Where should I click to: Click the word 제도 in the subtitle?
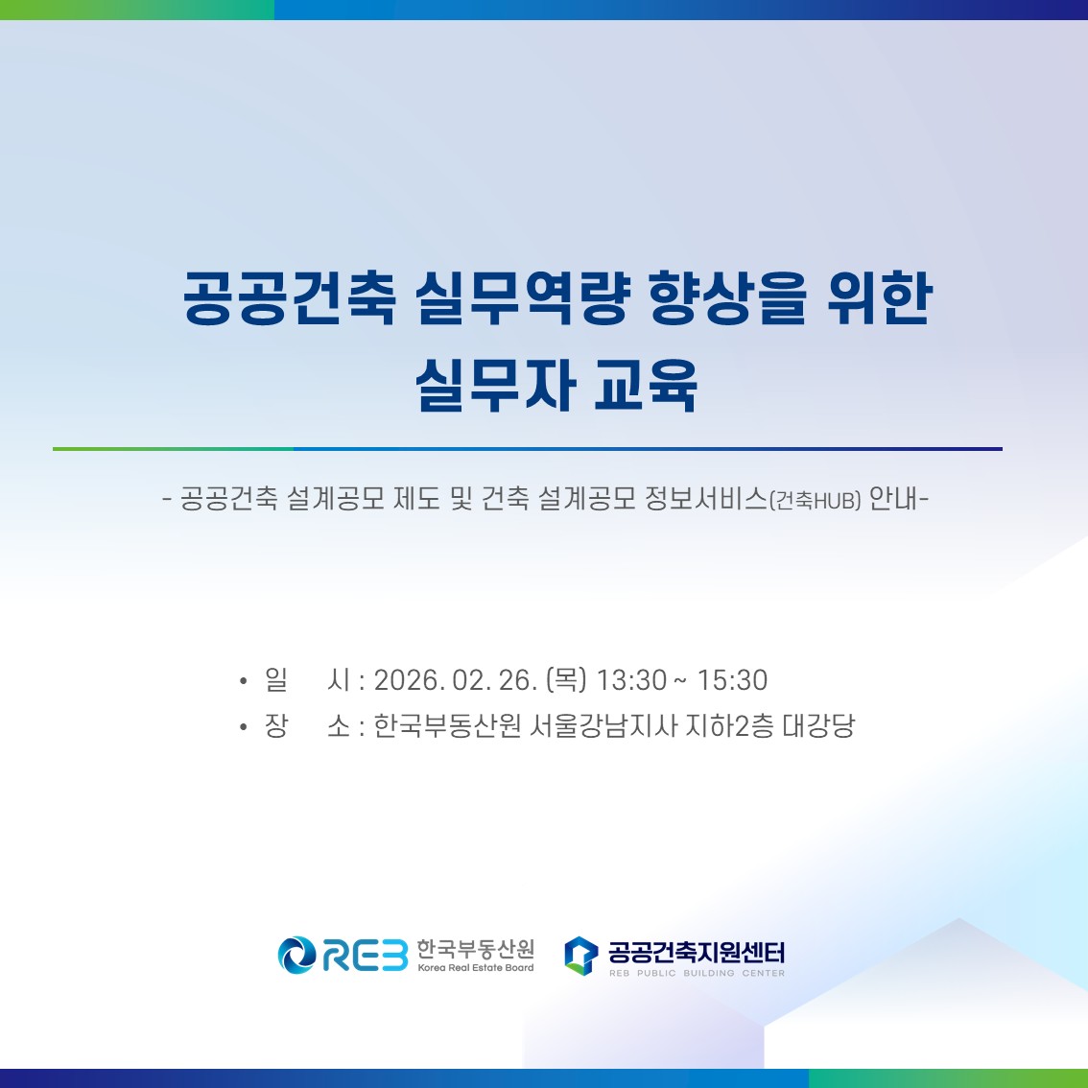click(x=417, y=499)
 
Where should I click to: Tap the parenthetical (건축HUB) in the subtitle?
click(x=816, y=500)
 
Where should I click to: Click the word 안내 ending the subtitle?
click(x=893, y=499)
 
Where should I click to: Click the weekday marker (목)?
click(x=566, y=680)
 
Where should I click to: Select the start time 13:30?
click(x=631, y=680)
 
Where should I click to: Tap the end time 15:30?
click(x=732, y=680)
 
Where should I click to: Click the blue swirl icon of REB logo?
click(x=296, y=955)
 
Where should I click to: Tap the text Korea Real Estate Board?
click(x=476, y=968)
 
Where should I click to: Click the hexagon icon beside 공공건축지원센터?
click(x=580, y=955)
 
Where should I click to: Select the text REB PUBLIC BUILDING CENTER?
click(x=697, y=973)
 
